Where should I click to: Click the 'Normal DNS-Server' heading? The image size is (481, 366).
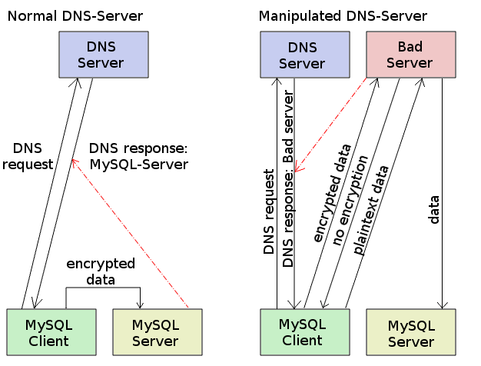(x=75, y=16)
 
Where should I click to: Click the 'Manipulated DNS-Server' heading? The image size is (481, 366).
(x=343, y=16)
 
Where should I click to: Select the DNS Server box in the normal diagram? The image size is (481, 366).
(x=104, y=55)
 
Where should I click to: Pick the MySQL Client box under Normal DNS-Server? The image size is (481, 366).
(x=51, y=331)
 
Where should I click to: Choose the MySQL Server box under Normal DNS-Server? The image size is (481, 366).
(x=158, y=331)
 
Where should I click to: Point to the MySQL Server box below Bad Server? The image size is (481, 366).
(x=411, y=331)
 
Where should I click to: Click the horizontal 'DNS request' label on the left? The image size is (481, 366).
(x=32, y=156)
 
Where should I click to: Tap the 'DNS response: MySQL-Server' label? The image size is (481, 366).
(x=139, y=156)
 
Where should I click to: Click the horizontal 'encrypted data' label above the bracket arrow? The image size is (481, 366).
(x=101, y=271)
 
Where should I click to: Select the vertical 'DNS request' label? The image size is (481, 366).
(x=269, y=212)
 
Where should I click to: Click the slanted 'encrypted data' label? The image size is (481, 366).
(x=332, y=193)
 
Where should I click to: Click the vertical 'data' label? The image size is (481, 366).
(x=434, y=209)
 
